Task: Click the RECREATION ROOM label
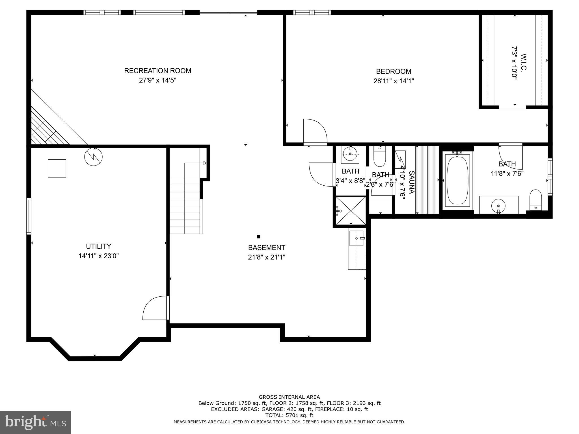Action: pyautogui.click(x=157, y=71)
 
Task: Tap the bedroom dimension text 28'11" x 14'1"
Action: pyautogui.click(x=394, y=81)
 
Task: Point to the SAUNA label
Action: pyautogui.click(x=412, y=182)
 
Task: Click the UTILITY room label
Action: pyautogui.click(x=98, y=246)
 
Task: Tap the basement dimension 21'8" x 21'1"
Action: pyautogui.click(x=267, y=257)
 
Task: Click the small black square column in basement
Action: pyautogui.click(x=258, y=237)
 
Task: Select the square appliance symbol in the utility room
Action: pyautogui.click(x=57, y=168)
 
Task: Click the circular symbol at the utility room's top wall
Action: pyautogui.click(x=93, y=157)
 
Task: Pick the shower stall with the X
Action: pyautogui.click(x=351, y=211)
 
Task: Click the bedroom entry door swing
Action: pyautogui.click(x=314, y=132)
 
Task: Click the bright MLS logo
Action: pyautogui.click(x=35, y=422)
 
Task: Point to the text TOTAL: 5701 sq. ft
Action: pyautogui.click(x=289, y=415)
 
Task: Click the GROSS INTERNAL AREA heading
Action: pyautogui.click(x=289, y=397)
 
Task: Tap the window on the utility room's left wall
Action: pyautogui.click(x=29, y=216)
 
